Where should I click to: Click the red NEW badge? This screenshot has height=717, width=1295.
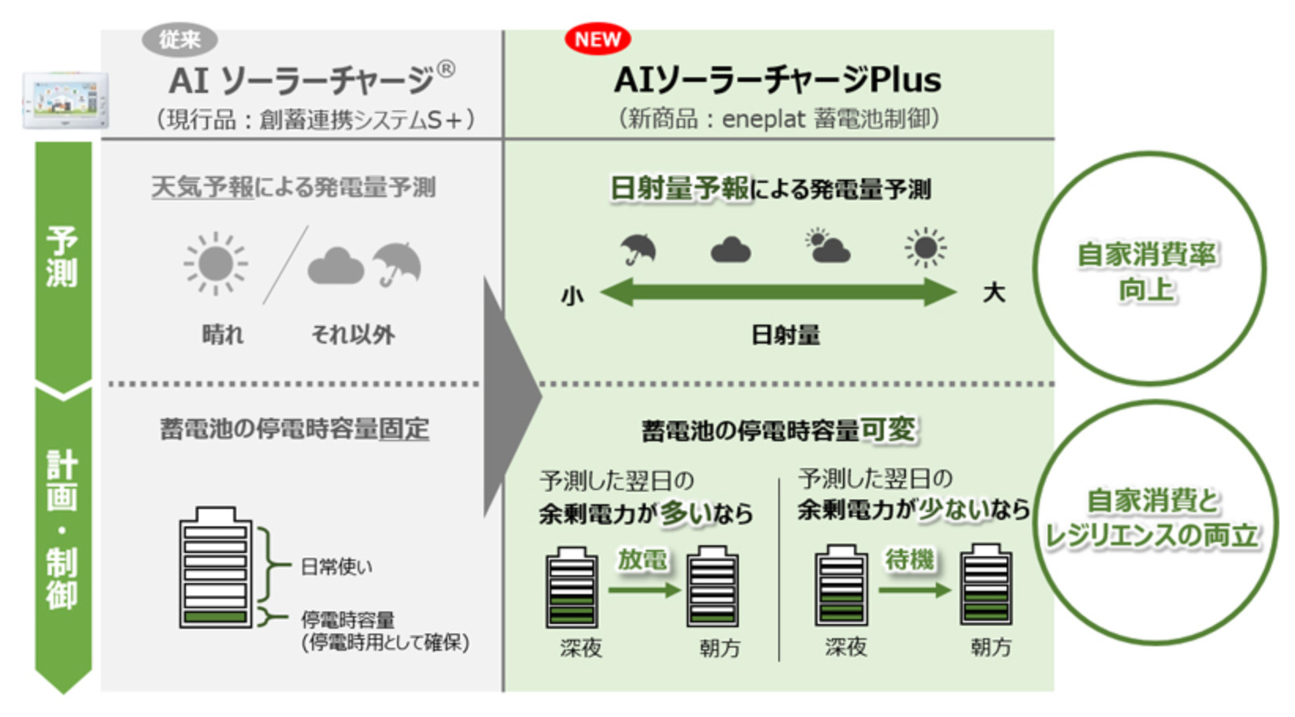[597, 39]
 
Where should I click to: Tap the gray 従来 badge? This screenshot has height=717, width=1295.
[180, 39]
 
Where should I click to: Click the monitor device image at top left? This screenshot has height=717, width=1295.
[65, 101]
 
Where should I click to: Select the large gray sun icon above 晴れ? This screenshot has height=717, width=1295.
[215, 263]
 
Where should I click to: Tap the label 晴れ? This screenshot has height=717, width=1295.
[223, 335]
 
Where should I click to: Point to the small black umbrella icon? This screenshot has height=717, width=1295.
[638, 249]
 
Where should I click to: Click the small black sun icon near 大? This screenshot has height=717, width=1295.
[926, 247]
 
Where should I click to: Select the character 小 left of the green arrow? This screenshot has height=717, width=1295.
[573, 296]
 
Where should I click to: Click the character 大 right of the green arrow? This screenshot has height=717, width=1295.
[994, 293]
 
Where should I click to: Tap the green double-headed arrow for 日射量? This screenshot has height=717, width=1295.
[778, 293]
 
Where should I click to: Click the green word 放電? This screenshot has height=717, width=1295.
[642, 559]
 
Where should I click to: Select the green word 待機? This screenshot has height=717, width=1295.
[909, 559]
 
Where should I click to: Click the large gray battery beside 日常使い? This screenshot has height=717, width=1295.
[216, 567]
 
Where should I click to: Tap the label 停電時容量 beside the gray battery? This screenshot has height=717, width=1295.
[347, 619]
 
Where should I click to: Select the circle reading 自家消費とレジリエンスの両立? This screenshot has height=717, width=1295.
[1154, 519]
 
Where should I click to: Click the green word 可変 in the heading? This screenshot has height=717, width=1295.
[889, 429]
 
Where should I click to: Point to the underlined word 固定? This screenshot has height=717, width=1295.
[404, 429]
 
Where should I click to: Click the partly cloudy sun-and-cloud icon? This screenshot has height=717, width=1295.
[827, 247]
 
